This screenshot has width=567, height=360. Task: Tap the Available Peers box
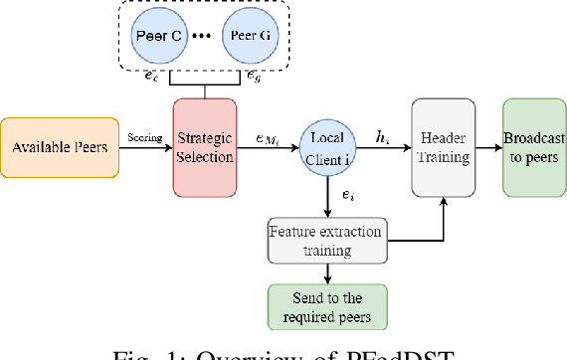(x=61, y=148)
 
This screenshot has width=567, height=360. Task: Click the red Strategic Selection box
(x=206, y=147)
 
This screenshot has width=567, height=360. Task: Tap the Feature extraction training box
(x=325, y=240)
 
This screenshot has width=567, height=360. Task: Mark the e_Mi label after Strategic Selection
(x=271, y=138)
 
